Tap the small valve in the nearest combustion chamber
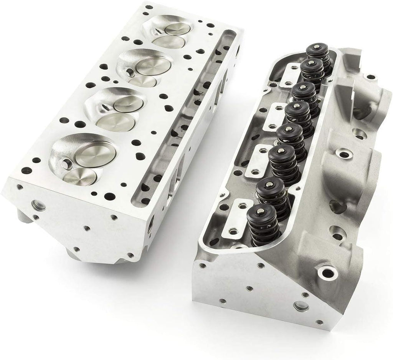[x=80, y=176]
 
